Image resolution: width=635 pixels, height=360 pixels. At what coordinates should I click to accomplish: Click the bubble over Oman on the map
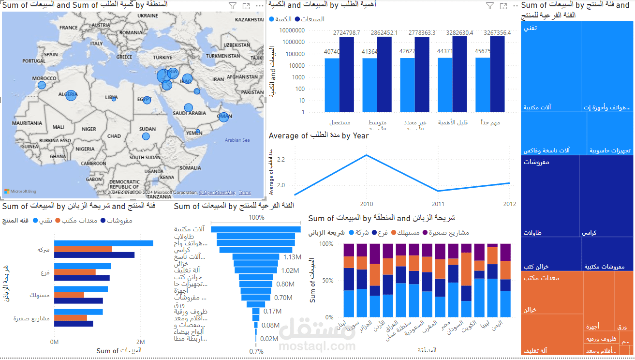pos(223,117)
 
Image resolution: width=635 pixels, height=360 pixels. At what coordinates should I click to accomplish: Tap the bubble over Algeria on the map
pos(71,95)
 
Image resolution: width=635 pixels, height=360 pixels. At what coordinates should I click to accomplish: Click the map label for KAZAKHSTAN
pos(249,20)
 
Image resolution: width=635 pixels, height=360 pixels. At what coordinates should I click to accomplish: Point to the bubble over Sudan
pos(146,136)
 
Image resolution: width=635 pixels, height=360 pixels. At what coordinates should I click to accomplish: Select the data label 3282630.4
pos(456,33)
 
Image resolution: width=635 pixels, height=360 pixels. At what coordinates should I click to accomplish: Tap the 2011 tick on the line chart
pos(438,204)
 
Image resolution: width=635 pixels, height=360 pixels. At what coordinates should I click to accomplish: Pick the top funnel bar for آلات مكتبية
pos(256,229)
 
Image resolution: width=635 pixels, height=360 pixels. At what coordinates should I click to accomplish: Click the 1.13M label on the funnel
pos(293,257)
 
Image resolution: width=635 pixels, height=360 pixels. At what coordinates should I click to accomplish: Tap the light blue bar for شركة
pos(103,243)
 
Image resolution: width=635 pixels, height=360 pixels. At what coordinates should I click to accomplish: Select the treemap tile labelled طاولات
pos(550,196)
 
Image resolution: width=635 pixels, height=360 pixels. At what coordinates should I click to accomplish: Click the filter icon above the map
pos(233,6)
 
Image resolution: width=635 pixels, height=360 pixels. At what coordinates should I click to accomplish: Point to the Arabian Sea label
pos(237,140)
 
